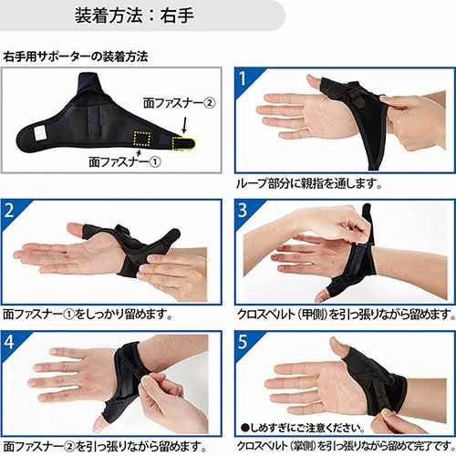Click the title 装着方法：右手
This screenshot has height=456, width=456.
[134, 16]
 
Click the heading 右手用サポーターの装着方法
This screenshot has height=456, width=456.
[76, 57]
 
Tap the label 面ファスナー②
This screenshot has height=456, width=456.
[179, 103]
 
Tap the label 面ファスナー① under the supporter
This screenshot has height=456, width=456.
[125, 161]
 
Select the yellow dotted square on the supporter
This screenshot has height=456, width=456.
[142, 140]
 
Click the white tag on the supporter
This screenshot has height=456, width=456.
[40, 133]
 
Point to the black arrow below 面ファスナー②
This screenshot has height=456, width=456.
[184, 124]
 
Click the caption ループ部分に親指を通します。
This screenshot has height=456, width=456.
[309, 183]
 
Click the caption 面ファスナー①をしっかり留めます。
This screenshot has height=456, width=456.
[88, 314]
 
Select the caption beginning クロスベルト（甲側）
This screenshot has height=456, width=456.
[346, 314]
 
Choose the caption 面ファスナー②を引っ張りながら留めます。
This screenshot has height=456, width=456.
[105, 446]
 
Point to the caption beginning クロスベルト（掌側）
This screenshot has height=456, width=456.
[346, 446]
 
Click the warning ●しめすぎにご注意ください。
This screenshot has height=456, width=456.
[303, 428]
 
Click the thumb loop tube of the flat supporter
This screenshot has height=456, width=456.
[88, 84]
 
